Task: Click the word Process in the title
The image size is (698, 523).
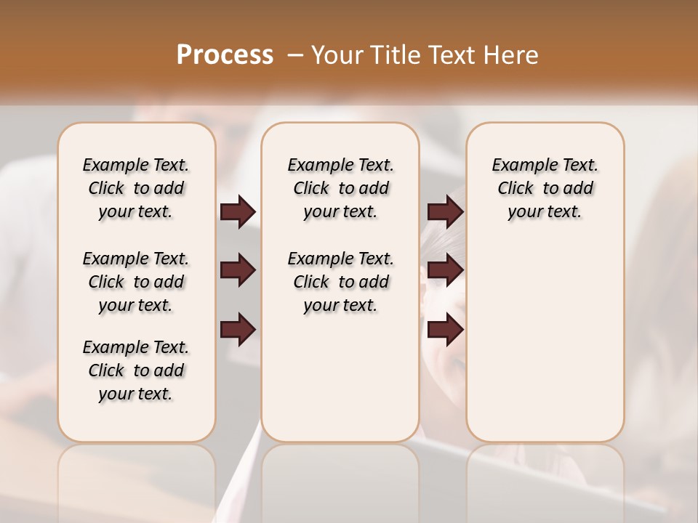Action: pyautogui.click(x=225, y=54)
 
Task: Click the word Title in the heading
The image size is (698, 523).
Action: pyautogui.click(x=395, y=55)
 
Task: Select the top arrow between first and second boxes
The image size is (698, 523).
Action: pyautogui.click(x=238, y=212)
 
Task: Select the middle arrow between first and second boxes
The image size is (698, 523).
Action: pyautogui.click(x=238, y=271)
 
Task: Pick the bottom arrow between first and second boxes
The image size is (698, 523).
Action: pyautogui.click(x=238, y=330)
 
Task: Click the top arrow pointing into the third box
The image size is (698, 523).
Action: pyautogui.click(x=445, y=212)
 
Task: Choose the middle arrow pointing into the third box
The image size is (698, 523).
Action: pyautogui.click(x=445, y=271)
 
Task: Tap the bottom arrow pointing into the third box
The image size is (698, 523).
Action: pyautogui.click(x=445, y=330)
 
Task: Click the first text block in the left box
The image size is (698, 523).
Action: pyautogui.click(x=136, y=188)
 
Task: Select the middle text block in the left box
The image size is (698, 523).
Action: pyautogui.click(x=136, y=282)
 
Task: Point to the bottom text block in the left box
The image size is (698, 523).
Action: pyautogui.click(x=136, y=370)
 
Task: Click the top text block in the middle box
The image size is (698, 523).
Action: pyautogui.click(x=340, y=188)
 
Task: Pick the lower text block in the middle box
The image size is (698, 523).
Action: pyautogui.click(x=340, y=282)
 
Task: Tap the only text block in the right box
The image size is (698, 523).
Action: pyautogui.click(x=545, y=188)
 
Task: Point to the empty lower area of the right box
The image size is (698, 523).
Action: pyautogui.click(x=545, y=341)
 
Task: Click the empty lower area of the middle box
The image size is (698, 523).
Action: pyautogui.click(x=340, y=378)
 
